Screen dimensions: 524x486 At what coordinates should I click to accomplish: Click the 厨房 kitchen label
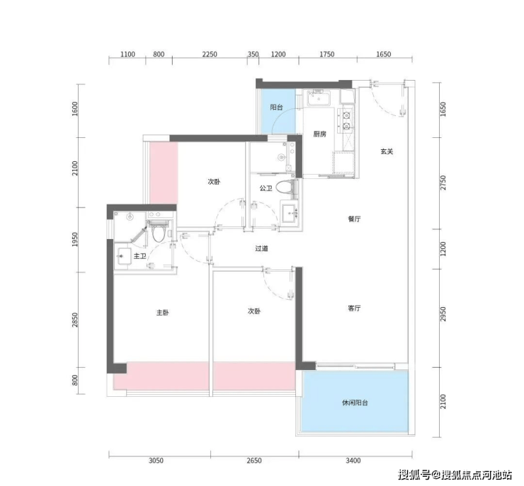(x=320, y=134)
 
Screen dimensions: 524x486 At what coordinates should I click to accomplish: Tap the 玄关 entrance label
(x=387, y=151)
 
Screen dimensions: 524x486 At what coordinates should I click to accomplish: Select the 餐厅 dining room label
(x=354, y=219)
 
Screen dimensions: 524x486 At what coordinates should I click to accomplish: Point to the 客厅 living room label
(x=354, y=308)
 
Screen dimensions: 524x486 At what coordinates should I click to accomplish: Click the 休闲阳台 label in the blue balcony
(x=355, y=403)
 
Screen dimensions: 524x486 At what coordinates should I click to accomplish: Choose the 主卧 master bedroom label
(x=163, y=313)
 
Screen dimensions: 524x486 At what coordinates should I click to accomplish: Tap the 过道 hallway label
(x=262, y=248)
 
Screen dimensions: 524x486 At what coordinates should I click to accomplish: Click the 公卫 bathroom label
(x=266, y=188)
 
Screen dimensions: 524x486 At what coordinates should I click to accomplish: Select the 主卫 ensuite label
(x=139, y=256)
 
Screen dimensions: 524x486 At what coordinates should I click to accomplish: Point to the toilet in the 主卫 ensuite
(x=158, y=231)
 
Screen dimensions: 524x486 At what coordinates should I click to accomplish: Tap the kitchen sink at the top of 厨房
(x=319, y=98)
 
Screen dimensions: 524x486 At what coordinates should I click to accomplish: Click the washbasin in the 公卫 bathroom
(x=290, y=212)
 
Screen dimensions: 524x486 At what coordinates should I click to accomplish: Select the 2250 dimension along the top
(x=210, y=54)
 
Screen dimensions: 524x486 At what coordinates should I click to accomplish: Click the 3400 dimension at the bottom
(x=353, y=461)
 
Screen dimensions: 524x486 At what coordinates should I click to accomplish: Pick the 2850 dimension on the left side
(x=75, y=320)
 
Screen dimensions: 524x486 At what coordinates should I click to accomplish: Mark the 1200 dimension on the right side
(x=443, y=249)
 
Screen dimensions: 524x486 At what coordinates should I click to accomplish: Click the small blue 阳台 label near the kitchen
(x=276, y=108)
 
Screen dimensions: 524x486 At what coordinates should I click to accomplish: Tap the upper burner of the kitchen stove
(x=347, y=115)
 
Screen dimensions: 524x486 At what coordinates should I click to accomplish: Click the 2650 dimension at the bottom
(x=254, y=461)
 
